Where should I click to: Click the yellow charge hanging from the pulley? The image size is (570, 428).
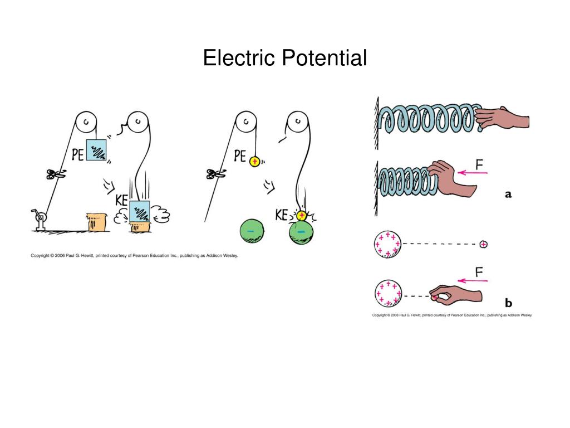[x=255, y=162]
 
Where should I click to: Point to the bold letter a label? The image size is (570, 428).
[x=508, y=194]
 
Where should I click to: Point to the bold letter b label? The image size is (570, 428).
[x=508, y=303]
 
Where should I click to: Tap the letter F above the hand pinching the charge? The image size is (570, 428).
[x=479, y=273]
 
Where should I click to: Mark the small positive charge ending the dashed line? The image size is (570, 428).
[x=483, y=244]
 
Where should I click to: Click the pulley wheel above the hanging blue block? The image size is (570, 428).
[x=87, y=121]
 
